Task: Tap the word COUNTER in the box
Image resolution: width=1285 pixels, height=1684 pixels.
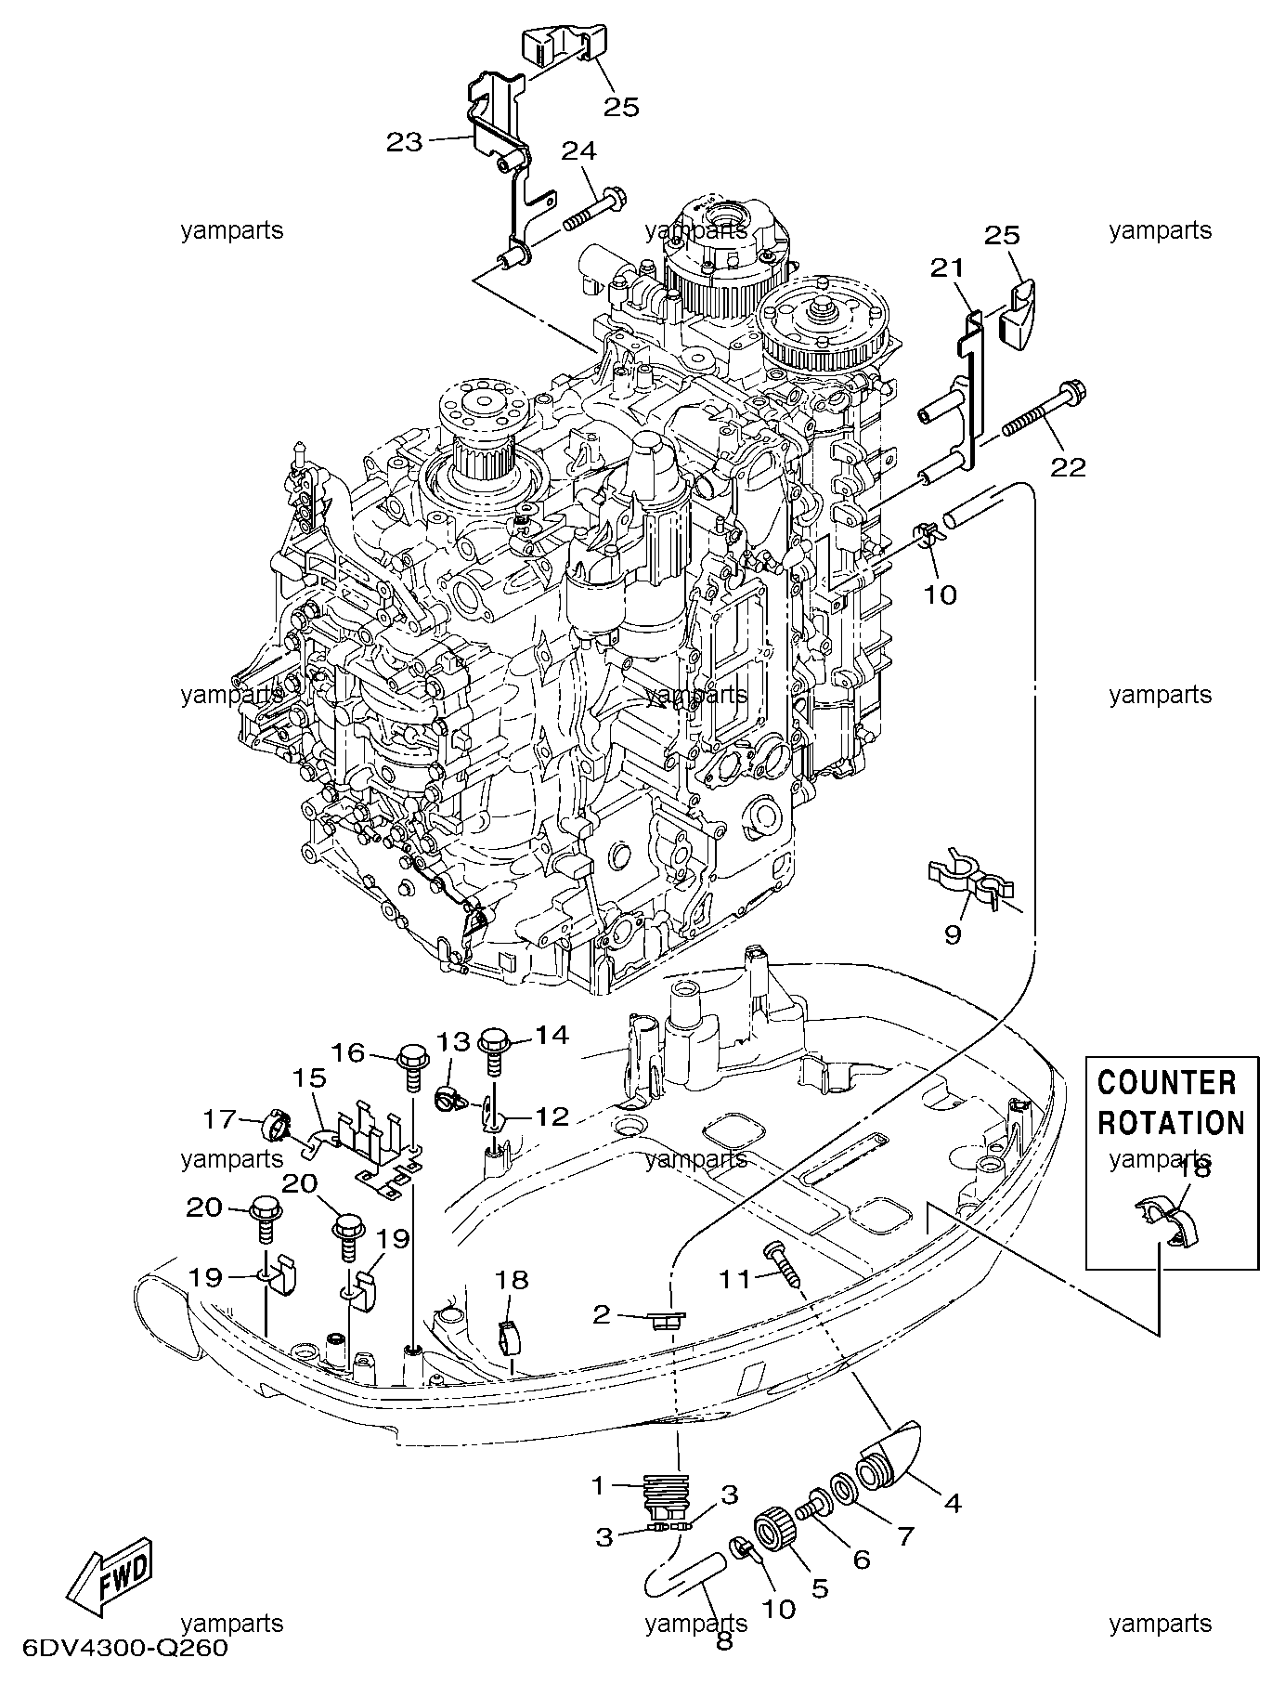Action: point(1167,1083)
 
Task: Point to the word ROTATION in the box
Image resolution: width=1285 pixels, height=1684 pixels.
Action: point(1171,1122)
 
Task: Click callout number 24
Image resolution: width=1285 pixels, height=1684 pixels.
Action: point(578,151)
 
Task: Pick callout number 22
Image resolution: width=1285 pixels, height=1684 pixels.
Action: point(1068,467)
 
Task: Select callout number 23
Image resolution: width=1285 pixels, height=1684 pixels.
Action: point(405,142)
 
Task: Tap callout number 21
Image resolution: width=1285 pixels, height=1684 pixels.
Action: point(948,268)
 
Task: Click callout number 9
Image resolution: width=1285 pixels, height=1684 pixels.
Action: point(953,933)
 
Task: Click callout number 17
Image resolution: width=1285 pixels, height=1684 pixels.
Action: point(219,1118)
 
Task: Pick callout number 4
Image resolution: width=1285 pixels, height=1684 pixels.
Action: point(953,1502)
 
